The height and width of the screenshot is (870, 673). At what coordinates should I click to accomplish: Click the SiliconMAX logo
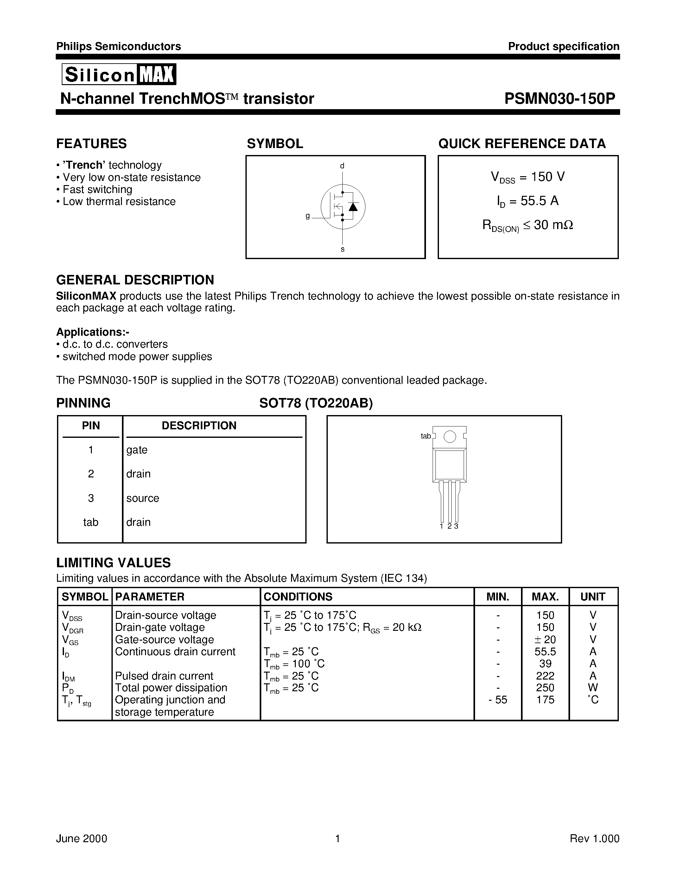tap(119, 74)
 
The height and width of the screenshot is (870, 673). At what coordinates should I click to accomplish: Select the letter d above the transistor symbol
tap(342, 166)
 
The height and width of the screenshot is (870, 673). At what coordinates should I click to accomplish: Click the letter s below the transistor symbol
tap(342, 250)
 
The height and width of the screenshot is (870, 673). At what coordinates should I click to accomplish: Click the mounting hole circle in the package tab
tap(450, 437)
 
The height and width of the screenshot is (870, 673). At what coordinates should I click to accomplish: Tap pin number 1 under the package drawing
tap(442, 526)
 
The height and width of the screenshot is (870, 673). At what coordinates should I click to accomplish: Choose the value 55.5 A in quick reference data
tap(528, 201)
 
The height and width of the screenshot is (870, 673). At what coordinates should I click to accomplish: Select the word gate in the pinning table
tap(137, 450)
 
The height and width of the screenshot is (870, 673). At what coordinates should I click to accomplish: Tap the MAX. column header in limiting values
tap(545, 596)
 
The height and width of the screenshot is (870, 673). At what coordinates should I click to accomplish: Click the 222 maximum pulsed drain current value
tap(545, 676)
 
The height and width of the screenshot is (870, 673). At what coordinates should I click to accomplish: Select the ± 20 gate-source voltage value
tap(545, 640)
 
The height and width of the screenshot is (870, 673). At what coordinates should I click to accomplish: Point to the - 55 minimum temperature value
tap(498, 700)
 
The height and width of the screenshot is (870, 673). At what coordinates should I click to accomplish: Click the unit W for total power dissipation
tap(593, 688)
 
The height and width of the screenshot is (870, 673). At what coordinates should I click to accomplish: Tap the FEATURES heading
tap(91, 143)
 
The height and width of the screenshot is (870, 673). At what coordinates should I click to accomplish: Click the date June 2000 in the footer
tap(82, 839)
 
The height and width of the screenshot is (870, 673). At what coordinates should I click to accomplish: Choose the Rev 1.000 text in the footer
tap(594, 839)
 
